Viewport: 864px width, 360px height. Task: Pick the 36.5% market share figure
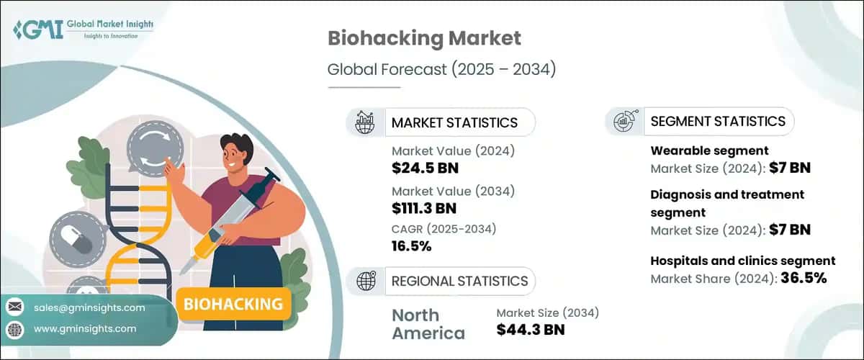(801, 277)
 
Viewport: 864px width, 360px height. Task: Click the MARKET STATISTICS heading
(454, 122)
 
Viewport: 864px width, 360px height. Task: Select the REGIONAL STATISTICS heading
(459, 281)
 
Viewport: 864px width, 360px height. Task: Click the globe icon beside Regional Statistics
(365, 281)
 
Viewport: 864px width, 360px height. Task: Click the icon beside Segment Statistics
(624, 121)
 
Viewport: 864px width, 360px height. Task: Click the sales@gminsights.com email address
(89, 307)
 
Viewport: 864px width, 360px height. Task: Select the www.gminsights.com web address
(85, 328)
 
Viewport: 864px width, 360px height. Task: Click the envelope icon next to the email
(15, 307)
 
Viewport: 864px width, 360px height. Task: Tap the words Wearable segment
(698, 150)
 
